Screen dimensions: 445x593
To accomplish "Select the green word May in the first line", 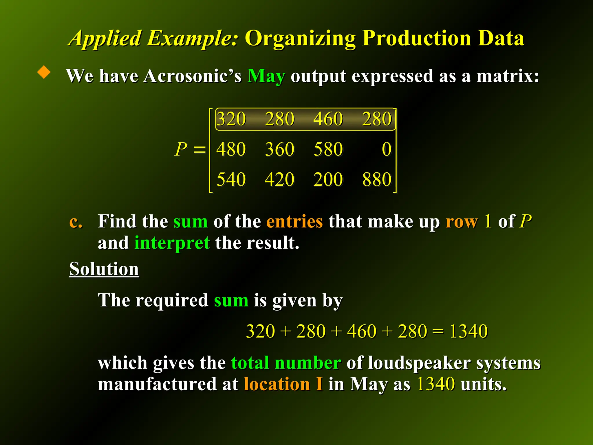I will tap(266, 76).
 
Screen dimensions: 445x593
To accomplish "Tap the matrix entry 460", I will tap(328, 119).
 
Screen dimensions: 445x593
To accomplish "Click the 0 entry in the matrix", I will tap(387, 149).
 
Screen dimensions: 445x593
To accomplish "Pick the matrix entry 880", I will tap(377, 179).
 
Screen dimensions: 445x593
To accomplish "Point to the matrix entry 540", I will tap(231, 179).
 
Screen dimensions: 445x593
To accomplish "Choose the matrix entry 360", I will tap(280, 149).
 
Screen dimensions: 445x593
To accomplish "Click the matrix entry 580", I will tap(328, 149).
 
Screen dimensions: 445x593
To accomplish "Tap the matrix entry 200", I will tap(328, 179).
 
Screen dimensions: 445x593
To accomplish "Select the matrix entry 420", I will tap(280, 179).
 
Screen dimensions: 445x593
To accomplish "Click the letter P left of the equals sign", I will tap(181, 149).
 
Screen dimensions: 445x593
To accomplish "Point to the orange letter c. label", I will tap(76, 222).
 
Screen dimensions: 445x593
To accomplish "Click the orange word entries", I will tap(294, 222).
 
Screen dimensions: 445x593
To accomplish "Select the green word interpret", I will tap(172, 243).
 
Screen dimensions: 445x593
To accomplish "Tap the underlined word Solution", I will tap(104, 269).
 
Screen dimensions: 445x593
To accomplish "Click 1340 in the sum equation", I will tap(468, 331).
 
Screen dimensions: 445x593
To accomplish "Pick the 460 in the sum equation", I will tap(362, 331).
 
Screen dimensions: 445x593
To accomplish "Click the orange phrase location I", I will tap(283, 384).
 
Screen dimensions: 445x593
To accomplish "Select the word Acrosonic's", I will tap(192, 76).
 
